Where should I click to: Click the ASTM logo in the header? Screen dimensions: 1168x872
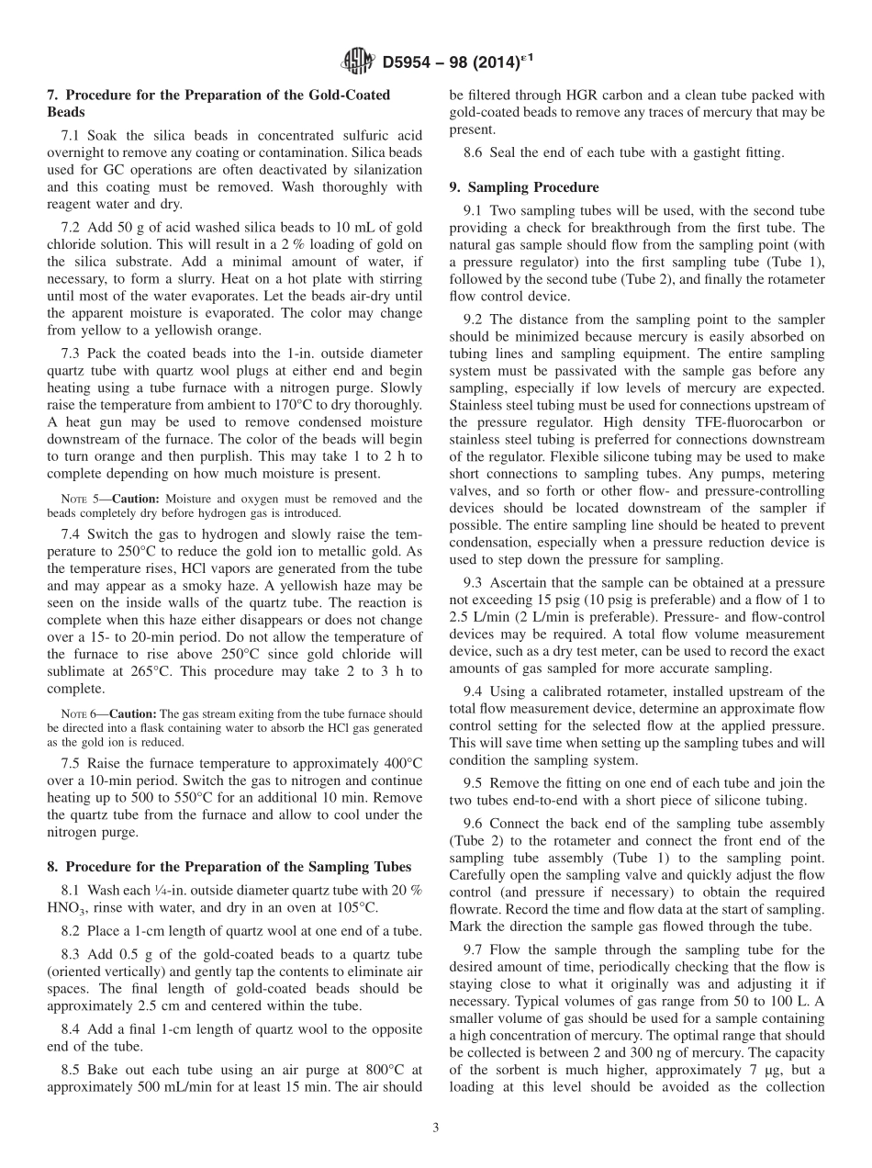356,62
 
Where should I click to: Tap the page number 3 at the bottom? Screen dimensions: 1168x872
435,1129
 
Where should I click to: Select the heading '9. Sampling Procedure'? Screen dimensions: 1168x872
523,187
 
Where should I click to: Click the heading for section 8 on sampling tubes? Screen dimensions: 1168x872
238,867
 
